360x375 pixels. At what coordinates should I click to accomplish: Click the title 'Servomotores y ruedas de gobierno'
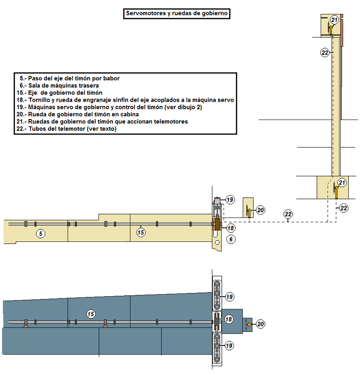click(x=176, y=14)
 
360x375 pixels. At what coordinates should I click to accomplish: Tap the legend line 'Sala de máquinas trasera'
click(x=66, y=86)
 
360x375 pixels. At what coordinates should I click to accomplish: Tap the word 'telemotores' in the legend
click(x=168, y=121)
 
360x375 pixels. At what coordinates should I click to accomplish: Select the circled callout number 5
click(x=41, y=233)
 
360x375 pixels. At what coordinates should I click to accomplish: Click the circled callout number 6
click(x=231, y=239)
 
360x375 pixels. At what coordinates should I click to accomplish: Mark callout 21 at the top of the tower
click(x=334, y=20)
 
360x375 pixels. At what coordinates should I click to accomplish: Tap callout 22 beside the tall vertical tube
click(x=324, y=53)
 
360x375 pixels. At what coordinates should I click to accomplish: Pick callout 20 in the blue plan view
click(x=261, y=323)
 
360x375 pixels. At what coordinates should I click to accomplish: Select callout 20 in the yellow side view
click(x=261, y=210)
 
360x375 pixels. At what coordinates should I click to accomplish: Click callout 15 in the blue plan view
click(x=91, y=314)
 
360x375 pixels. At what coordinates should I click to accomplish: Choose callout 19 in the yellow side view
click(x=230, y=200)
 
